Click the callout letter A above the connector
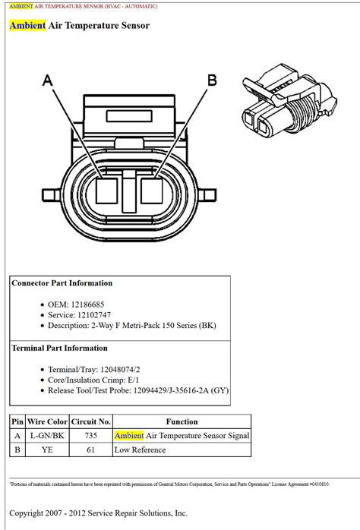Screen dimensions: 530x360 coord(48,80)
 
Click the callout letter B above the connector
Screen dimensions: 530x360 coord(212,80)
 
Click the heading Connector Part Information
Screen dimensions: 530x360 coord(62,283)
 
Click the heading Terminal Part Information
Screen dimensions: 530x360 coord(59,348)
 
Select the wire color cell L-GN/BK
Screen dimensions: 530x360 coord(47,436)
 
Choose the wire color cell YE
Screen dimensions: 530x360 coord(47,450)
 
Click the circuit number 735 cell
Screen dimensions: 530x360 coord(91,436)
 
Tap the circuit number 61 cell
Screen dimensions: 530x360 coord(91,450)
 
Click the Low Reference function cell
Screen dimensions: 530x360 coord(140,450)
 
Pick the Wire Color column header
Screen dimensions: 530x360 coord(47,421)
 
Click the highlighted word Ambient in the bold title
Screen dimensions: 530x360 coord(27,26)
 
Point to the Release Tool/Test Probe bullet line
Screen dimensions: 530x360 coord(133,391)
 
